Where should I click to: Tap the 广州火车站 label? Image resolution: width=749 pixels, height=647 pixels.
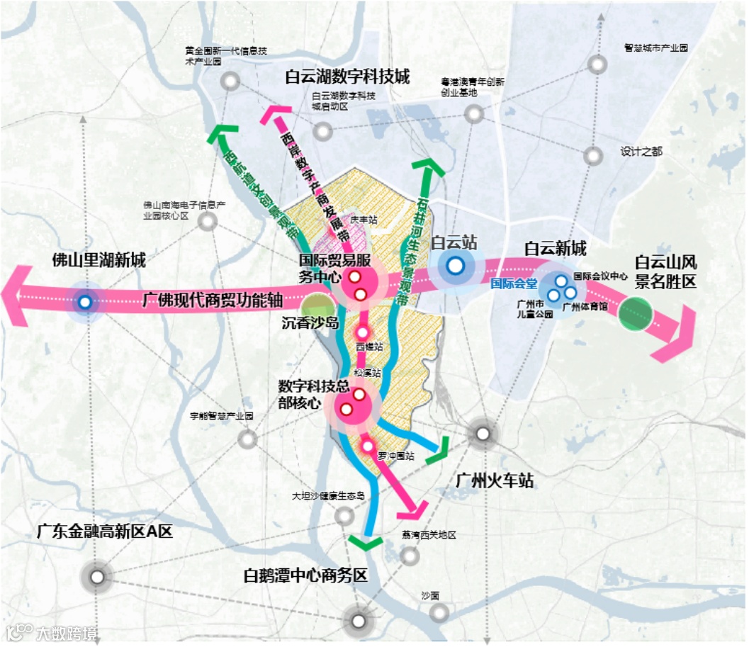pyautogui.click(x=492, y=482)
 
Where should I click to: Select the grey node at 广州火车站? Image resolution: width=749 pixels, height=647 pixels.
pyautogui.click(x=483, y=434)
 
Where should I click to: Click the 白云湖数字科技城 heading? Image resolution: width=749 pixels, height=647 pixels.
pyautogui.click(x=347, y=77)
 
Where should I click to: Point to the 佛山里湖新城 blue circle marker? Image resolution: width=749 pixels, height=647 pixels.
pyautogui.click(x=85, y=303)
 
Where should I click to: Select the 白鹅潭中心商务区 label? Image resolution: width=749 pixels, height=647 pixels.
pyautogui.click(x=305, y=575)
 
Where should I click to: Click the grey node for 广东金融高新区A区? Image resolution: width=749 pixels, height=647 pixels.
pyautogui.click(x=97, y=577)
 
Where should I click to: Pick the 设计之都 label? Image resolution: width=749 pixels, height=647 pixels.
pyautogui.click(x=641, y=152)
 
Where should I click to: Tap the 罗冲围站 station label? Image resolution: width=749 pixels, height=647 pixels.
pyautogui.click(x=395, y=456)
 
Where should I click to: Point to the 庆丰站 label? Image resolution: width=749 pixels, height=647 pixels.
pyautogui.click(x=364, y=220)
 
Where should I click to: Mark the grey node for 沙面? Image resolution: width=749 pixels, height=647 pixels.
pyautogui.click(x=439, y=612)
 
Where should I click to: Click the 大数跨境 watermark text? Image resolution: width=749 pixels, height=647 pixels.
pyautogui.click(x=67, y=633)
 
